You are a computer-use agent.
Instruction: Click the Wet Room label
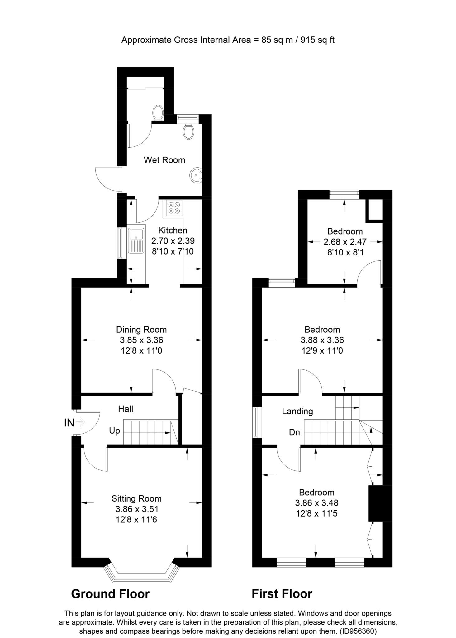point(164,160)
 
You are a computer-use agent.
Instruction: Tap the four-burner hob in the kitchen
point(173,208)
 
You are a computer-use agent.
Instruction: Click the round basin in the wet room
point(196,175)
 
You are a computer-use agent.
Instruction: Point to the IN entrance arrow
point(80,423)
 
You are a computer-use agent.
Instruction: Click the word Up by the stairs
point(114,431)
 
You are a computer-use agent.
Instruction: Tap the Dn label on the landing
point(294,432)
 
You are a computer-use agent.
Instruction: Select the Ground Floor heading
point(110,594)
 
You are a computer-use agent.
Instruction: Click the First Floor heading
point(282,594)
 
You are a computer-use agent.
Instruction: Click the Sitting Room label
point(136,499)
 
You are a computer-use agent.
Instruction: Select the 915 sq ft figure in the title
point(317,40)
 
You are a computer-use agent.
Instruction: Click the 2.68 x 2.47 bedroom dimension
point(345,242)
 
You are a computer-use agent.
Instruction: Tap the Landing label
point(297,411)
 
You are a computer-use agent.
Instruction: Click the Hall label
point(126,409)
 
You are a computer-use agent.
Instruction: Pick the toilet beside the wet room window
point(188,132)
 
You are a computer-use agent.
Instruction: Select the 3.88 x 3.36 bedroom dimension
point(322,340)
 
